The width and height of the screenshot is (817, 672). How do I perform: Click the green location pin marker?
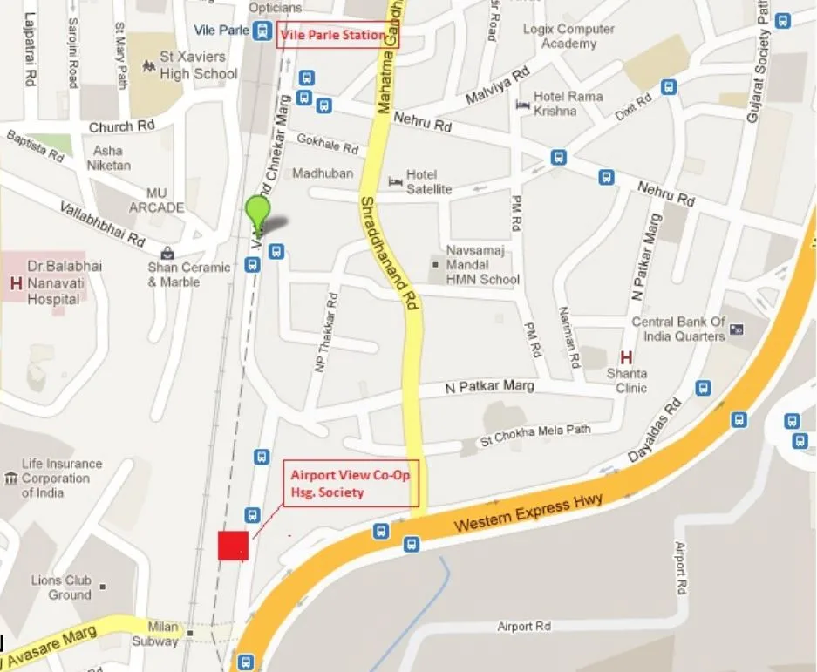(x=257, y=212)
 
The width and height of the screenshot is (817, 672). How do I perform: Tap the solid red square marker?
(x=233, y=545)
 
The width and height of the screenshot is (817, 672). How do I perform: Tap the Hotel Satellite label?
(x=428, y=181)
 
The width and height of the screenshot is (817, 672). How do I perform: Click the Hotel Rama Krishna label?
(x=568, y=103)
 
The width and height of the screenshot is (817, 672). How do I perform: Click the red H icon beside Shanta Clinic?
(x=625, y=356)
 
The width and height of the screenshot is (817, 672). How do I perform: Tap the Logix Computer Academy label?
(x=568, y=36)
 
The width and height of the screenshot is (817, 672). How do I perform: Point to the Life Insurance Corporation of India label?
(x=61, y=479)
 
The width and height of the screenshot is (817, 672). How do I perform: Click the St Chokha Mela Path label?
(x=535, y=435)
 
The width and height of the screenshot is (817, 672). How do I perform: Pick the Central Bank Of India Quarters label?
(x=678, y=329)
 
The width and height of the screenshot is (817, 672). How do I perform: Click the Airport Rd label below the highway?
(x=524, y=626)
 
